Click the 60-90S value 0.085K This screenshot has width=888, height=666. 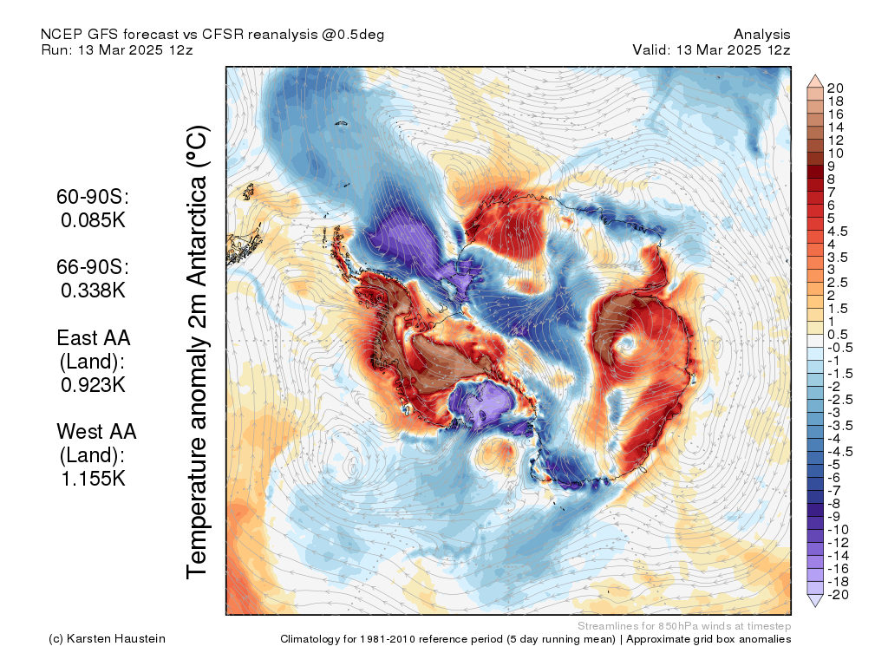[93, 219]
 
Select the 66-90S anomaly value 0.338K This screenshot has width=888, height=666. [93, 290]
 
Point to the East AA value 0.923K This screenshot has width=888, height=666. [93, 384]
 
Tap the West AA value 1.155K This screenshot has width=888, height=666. [93, 479]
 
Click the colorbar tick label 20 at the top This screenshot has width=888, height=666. [835, 88]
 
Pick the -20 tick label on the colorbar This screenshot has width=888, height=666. [838, 595]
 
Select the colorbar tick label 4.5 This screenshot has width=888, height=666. [838, 232]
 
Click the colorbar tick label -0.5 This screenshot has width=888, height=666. [839, 348]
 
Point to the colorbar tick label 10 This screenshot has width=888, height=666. [835, 153]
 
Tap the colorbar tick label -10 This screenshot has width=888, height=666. [838, 530]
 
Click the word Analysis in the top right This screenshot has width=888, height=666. [762, 35]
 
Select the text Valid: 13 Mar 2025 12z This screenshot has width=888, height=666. [711, 49]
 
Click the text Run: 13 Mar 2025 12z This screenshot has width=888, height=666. [117, 49]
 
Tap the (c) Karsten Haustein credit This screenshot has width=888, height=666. [107, 639]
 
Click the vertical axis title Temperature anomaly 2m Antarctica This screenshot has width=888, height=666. [198, 352]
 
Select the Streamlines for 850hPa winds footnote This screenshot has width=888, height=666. [684, 626]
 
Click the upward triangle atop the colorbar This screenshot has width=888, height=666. [815, 81]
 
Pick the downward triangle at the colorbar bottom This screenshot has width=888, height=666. [815, 601]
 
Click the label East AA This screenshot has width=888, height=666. [94, 338]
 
